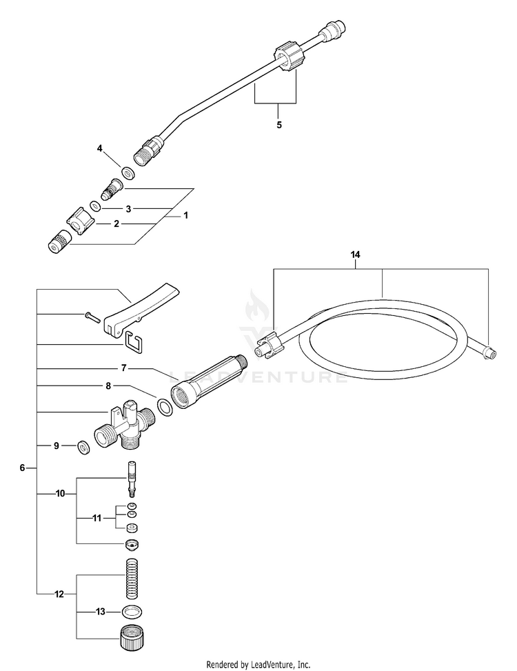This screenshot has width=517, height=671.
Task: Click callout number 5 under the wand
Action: pyautogui.click(x=278, y=125)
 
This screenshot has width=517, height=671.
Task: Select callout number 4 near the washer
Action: pyautogui.click(x=100, y=148)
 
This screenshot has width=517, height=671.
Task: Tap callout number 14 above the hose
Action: pyautogui.click(x=355, y=255)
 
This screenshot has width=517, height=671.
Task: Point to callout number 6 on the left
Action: pyautogui.click(x=22, y=468)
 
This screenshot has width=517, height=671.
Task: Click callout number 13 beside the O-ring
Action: pyautogui.click(x=101, y=611)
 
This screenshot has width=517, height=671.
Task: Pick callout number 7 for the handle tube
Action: pyautogui.click(x=124, y=368)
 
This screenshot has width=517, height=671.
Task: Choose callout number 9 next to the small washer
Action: pyautogui.click(x=57, y=446)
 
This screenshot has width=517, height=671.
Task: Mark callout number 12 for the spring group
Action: pyautogui.click(x=59, y=593)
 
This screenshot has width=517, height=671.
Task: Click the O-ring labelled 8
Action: pyautogui.click(x=165, y=407)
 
